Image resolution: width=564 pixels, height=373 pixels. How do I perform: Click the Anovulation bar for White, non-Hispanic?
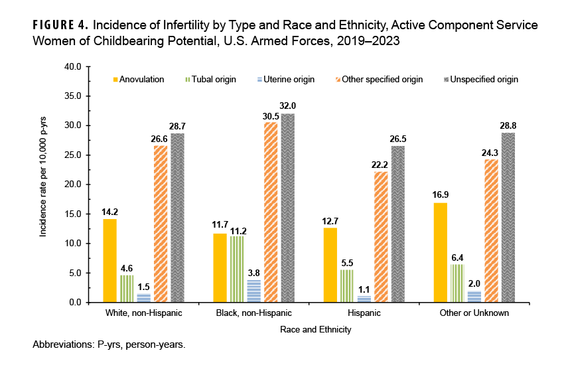pyautogui.click(x=110, y=260)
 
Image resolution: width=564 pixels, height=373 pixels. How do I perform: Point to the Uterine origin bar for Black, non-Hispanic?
pyautogui.click(x=253, y=291)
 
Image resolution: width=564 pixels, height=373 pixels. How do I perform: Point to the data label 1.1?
pyautogui.click(x=364, y=289)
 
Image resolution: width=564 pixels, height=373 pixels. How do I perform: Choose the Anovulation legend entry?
pyautogui.click(x=139, y=80)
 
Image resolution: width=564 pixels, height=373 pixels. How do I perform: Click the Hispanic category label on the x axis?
pyautogui.click(x=364, y=312)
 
